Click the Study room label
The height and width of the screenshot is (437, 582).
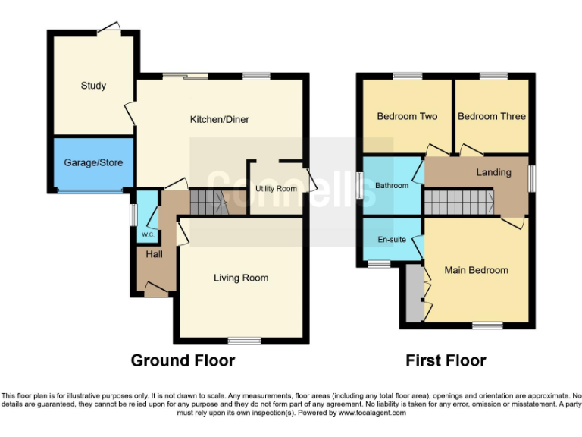tap(93, 86)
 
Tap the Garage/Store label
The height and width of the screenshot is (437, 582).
tap(93, 162)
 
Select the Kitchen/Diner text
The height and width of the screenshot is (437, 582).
tap(219, 119)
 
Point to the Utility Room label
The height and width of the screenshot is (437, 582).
tap(276, 188)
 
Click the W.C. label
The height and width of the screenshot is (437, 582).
tap(147, 234)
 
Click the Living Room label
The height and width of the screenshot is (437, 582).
tap(240, 278)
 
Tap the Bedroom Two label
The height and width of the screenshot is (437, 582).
tap(407, 116)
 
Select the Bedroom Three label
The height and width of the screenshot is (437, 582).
tap(491, 116)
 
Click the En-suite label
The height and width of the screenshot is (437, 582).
tap(392, 240)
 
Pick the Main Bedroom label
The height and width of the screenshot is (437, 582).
tap(476, 270)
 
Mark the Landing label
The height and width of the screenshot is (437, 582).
tap(493, 172)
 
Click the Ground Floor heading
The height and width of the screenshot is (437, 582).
tap(183, 360)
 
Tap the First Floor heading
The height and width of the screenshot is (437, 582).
tap(446, 360)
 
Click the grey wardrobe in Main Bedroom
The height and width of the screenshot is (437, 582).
tap(415, 293)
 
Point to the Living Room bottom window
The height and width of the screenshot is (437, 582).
tap(242, 340)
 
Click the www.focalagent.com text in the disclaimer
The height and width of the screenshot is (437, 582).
tap(371, 413)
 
